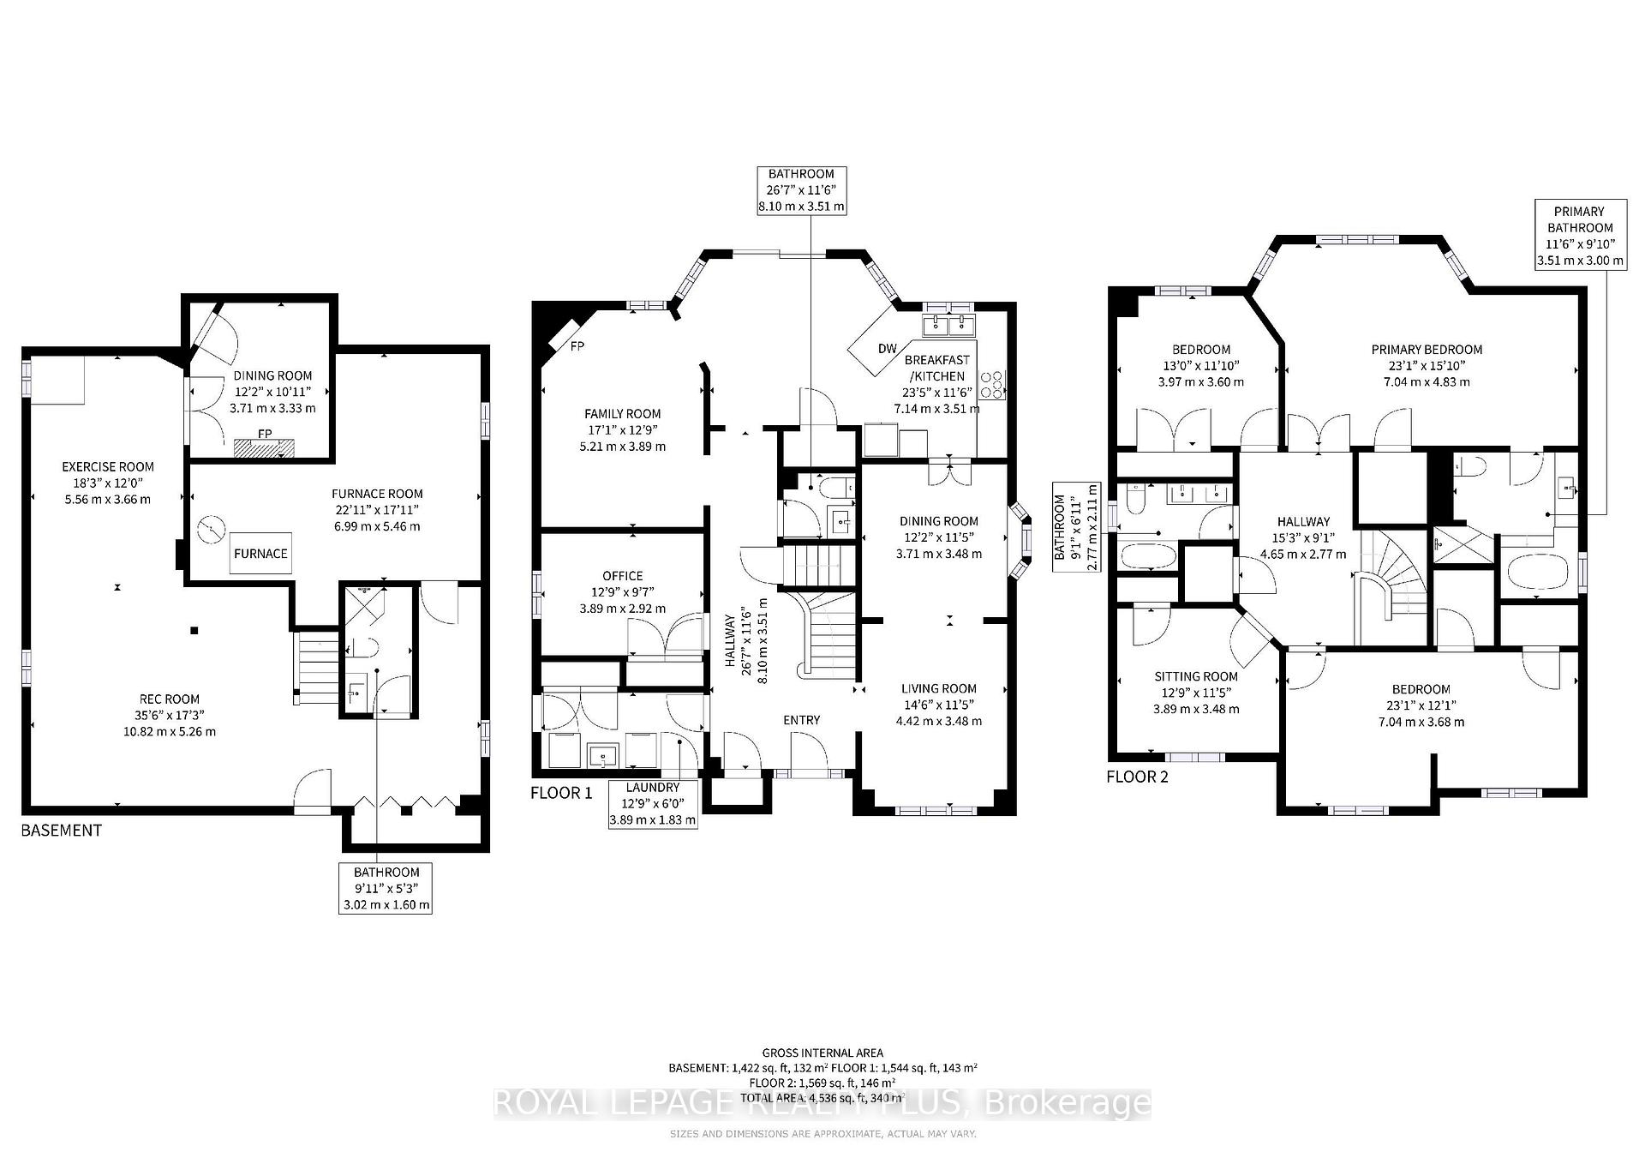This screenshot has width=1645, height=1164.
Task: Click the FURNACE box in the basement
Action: click(x=260, y=554)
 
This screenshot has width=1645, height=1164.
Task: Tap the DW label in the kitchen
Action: click(x=887, y=349)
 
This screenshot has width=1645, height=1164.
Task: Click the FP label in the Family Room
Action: click(x=577, y=346)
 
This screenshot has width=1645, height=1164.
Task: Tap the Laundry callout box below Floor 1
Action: click(x=652, y=803)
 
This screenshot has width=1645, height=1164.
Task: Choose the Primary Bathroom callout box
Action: click(x=1580, y=236)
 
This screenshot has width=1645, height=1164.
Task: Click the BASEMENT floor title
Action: click(x=62, y=830)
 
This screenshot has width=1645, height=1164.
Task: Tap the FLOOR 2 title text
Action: click(x=1137, y=777)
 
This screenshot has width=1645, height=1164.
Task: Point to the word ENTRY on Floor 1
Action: click(x=801, y=720)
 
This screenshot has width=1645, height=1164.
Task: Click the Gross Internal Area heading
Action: click(x=822, y=1053)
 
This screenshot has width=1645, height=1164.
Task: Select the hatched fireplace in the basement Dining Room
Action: click(x=264, y=447)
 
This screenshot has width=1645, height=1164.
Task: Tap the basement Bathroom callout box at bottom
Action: click(x=386, y=888)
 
